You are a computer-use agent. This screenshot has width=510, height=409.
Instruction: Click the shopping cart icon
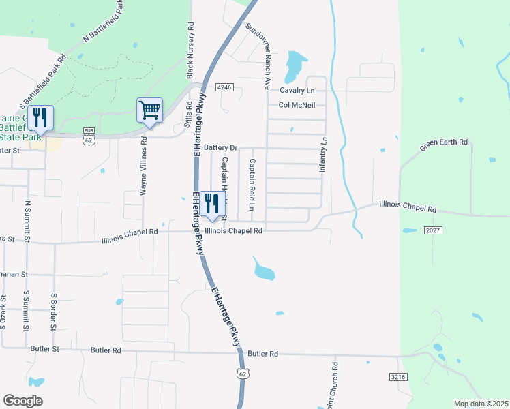(x=149, y=109)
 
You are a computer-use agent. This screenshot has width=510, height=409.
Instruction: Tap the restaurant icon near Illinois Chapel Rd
(x=212, y=202)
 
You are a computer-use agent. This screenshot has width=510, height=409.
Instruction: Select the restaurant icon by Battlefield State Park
(x=40, y=117)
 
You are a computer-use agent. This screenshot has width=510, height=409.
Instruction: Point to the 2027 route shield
(x=434, y=231)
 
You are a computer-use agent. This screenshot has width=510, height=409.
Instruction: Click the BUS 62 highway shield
(x=88, y=135)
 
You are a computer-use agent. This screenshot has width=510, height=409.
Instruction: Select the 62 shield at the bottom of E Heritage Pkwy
(x=243, y=374)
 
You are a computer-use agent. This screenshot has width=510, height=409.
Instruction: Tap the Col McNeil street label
(x=297, y=105)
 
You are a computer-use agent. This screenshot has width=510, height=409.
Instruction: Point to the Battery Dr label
(x=220, y=147)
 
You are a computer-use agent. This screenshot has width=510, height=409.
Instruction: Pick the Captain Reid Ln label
(x=252, y=185)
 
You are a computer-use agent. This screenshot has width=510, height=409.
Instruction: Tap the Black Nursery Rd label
(x=191, y=49)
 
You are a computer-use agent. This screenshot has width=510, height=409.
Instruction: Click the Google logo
(x=22, y=400)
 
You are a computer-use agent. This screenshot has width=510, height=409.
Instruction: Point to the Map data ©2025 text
(x=480, y=404)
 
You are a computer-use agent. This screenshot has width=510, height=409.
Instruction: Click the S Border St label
(x=52, y=311)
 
